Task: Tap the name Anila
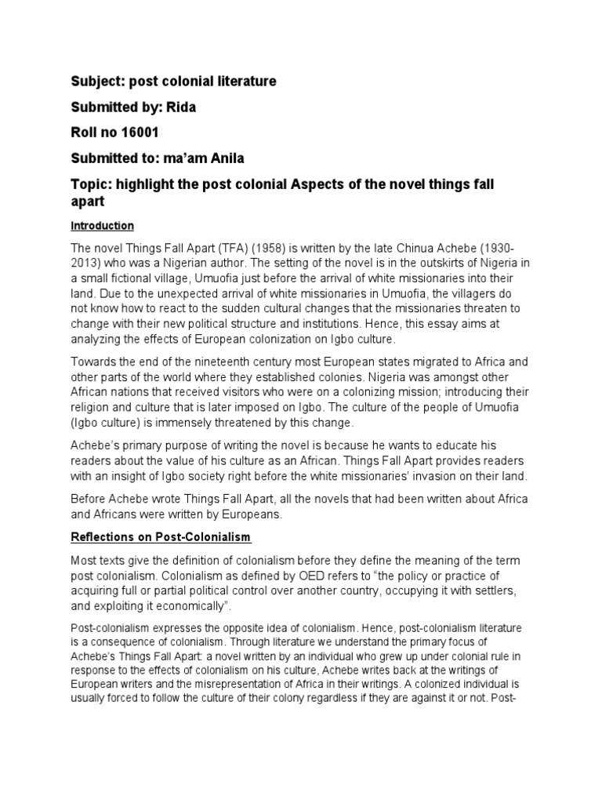225,158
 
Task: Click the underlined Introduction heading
103,226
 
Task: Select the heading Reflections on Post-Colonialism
161,536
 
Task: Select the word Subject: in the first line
99,82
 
